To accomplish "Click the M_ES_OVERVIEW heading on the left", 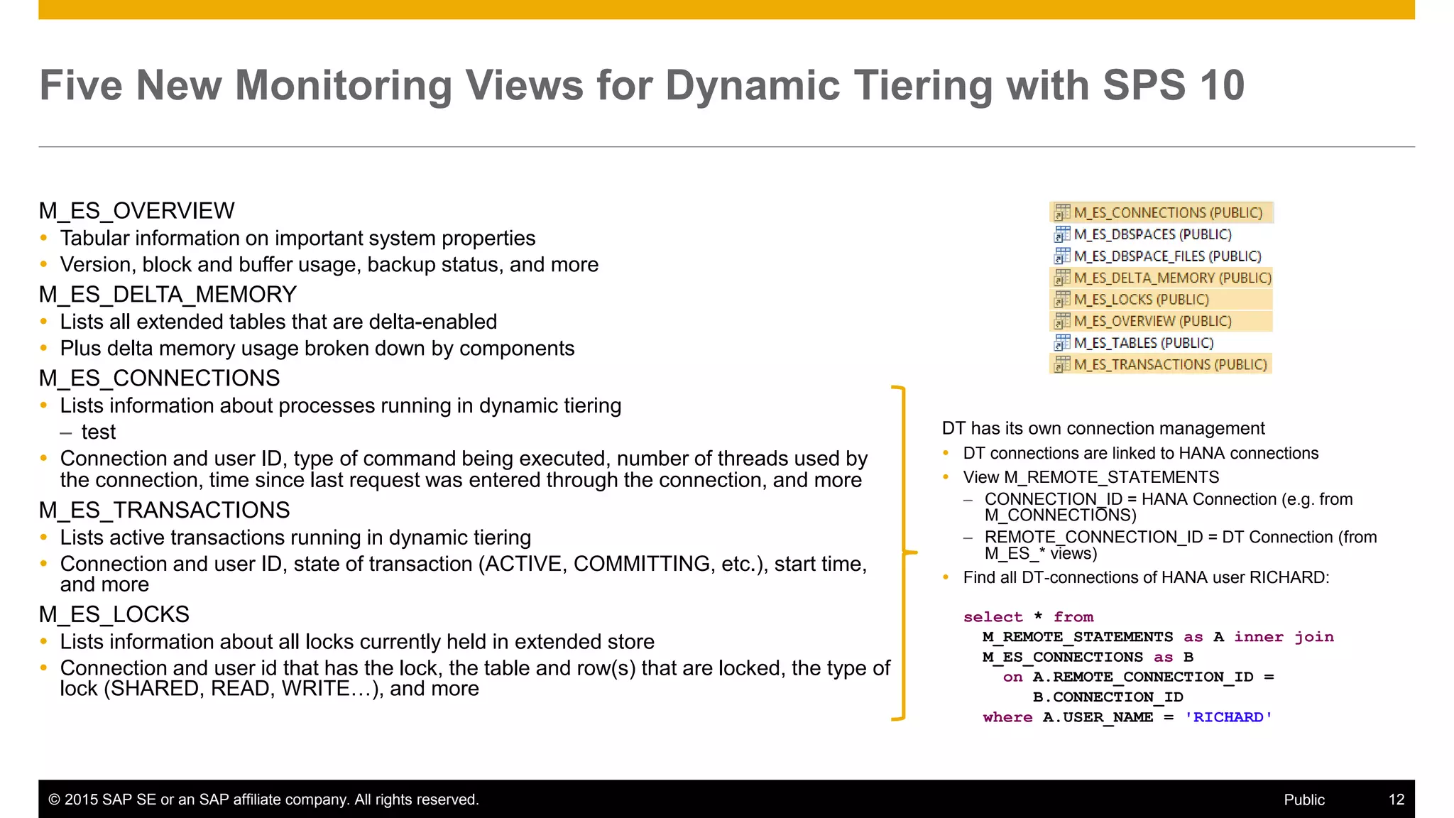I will coord(136,211).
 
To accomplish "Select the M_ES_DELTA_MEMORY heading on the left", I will coord(168,295).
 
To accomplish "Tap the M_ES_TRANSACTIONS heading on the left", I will coord(164,511).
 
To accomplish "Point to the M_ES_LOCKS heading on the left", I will coord(114,614).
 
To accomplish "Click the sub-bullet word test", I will coord(98,432).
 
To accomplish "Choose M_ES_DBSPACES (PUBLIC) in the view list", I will coord(1152,234).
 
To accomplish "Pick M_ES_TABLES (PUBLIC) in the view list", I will coord(1143,343).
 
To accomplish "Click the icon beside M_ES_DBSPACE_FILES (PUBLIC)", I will coord(1061,256).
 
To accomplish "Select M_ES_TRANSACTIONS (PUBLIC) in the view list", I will coord(1169,365).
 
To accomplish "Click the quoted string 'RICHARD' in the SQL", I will coord(1228,717).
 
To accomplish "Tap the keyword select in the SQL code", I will coord(993,617).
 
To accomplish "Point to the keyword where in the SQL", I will coord(1007,717).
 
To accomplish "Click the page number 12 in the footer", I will coord(1396,800).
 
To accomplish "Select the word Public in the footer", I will coord(1303,800).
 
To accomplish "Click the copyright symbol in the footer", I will coord(54,800).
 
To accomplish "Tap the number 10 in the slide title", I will coord(1221,85).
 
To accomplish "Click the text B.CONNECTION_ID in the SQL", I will coord(1108,697).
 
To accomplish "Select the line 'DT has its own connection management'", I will coord(1103,428).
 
